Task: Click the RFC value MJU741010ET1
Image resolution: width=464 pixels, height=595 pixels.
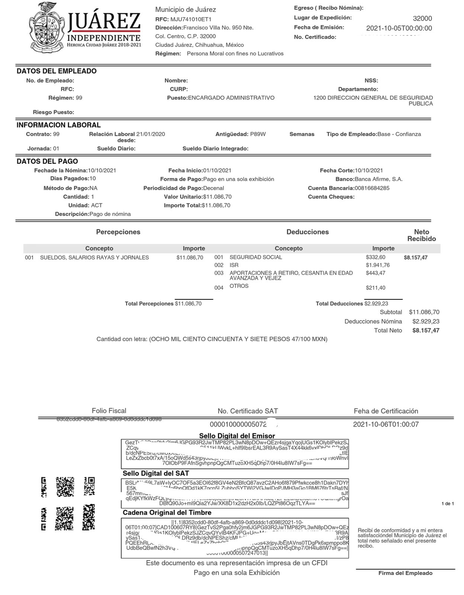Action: coord(191,19)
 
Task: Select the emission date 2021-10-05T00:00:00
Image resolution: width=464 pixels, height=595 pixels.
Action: coord(399,28)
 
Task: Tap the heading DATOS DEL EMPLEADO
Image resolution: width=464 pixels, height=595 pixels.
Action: coord(57,71)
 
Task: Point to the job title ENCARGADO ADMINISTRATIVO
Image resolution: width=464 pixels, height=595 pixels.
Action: coord(231,98)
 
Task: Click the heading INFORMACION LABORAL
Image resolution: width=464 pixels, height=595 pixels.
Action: coord(58,125)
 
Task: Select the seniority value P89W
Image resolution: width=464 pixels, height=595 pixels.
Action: coord(258,134)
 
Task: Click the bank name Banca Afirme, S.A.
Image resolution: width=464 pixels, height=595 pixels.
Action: coord(378,179)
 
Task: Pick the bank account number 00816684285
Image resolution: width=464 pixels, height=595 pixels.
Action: coord(372,188)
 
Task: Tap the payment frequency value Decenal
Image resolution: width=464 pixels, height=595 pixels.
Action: coord(213,188)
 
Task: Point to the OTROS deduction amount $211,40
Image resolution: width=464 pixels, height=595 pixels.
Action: coord(376,288)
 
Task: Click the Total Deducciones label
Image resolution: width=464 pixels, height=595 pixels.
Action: coord(339,304)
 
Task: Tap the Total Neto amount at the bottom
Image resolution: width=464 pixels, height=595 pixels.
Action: coord(426,331)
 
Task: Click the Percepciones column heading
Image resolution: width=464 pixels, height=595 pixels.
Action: coord(118,232)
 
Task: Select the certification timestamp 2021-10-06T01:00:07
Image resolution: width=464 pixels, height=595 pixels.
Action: coord(386,424)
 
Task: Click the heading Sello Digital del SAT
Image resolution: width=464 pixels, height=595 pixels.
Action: coord(156,473)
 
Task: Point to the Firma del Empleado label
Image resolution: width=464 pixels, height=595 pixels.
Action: coord(405,573)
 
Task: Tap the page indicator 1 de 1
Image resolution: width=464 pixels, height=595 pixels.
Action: coord(448,504)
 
